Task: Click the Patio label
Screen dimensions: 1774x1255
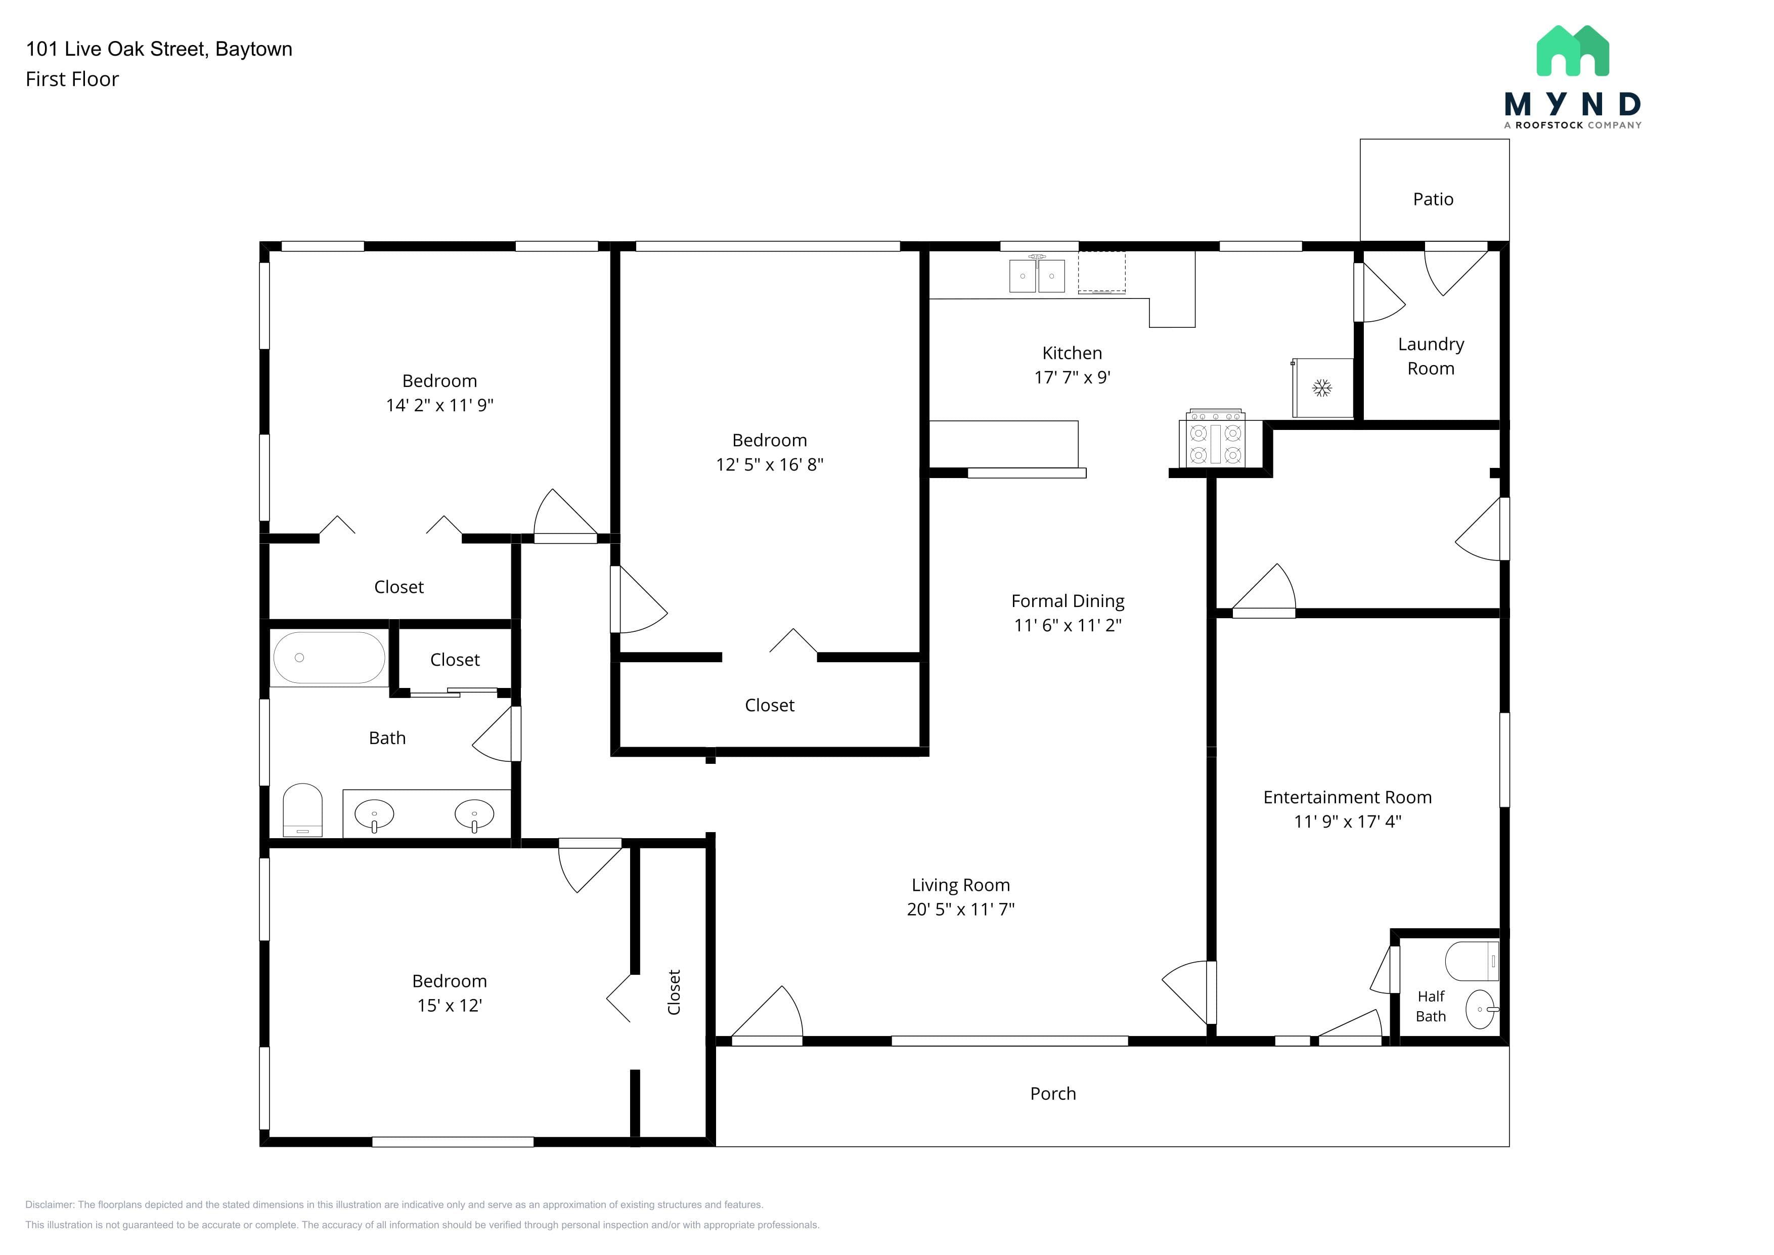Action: (1433, 199)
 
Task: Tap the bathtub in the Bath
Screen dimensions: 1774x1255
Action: (329, 658)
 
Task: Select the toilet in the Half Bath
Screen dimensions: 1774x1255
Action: (1472, 961)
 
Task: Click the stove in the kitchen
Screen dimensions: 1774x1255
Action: (1215, 440)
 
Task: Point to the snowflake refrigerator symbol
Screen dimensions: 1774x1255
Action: (1322, 388)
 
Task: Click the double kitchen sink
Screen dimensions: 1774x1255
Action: (1037, 274)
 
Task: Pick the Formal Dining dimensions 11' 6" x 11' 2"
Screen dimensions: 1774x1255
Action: (1068, 625)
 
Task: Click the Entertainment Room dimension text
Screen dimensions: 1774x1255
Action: (1348, 821)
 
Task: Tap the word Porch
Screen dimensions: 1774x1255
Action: (1052, 1094)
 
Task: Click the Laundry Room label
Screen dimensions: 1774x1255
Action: (1431, 356)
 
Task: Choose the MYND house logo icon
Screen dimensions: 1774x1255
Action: (1572, 51)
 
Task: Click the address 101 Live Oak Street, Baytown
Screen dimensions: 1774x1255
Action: (159, 49)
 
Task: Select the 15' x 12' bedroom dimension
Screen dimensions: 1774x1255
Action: (450, 1006)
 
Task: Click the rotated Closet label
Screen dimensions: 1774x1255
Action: (674, 992)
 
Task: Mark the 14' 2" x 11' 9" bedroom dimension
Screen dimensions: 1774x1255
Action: (439, 405)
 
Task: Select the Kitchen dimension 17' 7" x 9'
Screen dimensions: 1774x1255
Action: (1073, 377)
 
